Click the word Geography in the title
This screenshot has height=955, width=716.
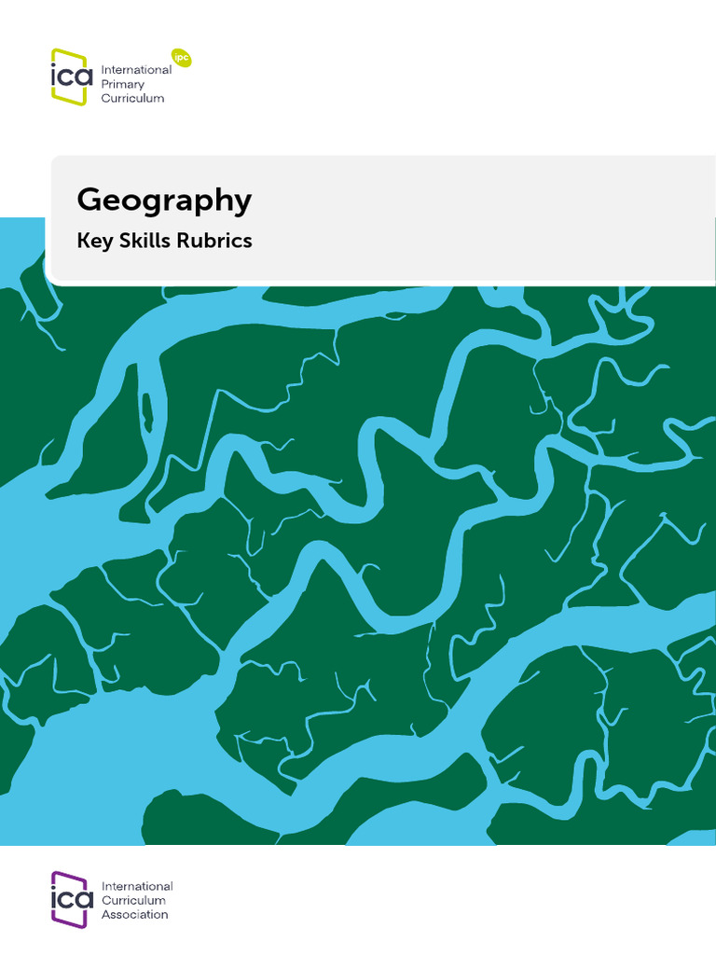tap(164, 201)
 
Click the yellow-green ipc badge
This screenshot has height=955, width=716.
tap(182, 57)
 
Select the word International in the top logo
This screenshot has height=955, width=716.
tap(136, 70)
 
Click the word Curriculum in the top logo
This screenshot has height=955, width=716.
tap(133, 98)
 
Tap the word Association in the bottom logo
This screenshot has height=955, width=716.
tap(135, 915)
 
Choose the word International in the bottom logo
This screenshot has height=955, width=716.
tap(137, 886)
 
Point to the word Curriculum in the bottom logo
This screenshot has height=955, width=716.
tap(133, 900)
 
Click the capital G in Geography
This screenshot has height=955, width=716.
tap(89, 200)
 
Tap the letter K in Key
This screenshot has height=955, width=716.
tap(83, 240)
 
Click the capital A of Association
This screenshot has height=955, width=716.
tap(106, 915)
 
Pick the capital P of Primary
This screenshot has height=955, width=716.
tap(105, 84)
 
